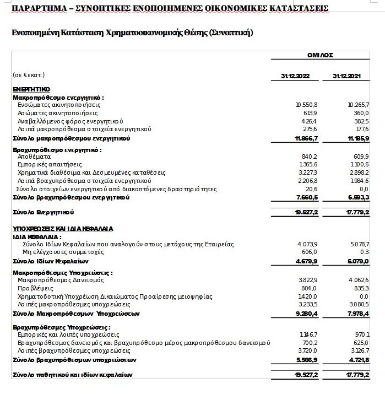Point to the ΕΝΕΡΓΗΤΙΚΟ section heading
pos(31,89)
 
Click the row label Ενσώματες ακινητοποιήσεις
pos(58,104)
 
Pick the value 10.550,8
pos(306,104)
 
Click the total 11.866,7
pos(306,138)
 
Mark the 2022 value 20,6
pos(312,188)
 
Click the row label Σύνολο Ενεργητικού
pos(44,212)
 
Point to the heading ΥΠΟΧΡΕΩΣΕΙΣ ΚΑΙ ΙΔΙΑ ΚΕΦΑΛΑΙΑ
pos(63,228)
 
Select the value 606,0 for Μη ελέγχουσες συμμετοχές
pos(310,251)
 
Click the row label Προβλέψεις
pos(34,288)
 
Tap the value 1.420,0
pos(307,296)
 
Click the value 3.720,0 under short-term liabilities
pos(307,350)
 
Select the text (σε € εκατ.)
pos(28,75)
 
